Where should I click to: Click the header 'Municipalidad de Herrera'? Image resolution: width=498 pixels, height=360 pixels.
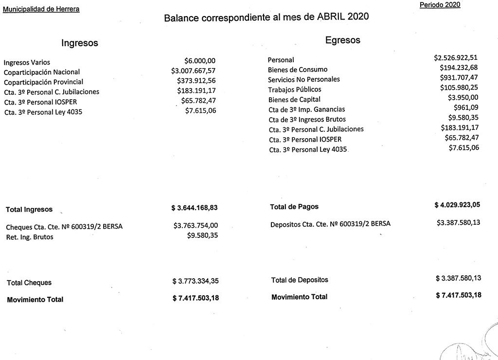click(41, 9)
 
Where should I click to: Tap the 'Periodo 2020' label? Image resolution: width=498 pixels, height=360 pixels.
click(440, 5)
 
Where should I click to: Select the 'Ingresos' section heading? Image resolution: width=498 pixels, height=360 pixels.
click(80, 43)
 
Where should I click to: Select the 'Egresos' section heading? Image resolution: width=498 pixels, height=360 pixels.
click(343, 40)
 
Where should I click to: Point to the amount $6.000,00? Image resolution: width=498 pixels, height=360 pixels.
click(200, 61)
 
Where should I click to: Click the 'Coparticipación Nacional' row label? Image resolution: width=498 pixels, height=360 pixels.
click(42, 72)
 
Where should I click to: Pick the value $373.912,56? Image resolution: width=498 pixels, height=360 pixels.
click(196, 81)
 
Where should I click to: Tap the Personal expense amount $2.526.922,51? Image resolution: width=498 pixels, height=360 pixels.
click(456, 58)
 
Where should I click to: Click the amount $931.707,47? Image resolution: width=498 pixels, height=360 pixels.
click(459, 77)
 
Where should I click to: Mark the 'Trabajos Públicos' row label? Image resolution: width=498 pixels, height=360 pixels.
click(295, 90)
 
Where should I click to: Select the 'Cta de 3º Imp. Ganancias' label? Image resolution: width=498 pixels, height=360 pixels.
click(307, 109)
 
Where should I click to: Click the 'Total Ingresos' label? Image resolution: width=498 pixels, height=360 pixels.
click(29, 210)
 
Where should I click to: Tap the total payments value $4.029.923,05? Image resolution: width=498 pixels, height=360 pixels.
click(457, 205)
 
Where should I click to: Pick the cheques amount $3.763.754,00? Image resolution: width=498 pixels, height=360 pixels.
click(196, 226)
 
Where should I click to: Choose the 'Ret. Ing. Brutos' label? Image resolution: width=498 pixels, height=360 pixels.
click(30, 237)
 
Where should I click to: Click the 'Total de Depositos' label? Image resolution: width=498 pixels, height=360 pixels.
click(300, 280)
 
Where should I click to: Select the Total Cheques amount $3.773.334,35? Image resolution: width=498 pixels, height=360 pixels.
click(196, 282)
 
